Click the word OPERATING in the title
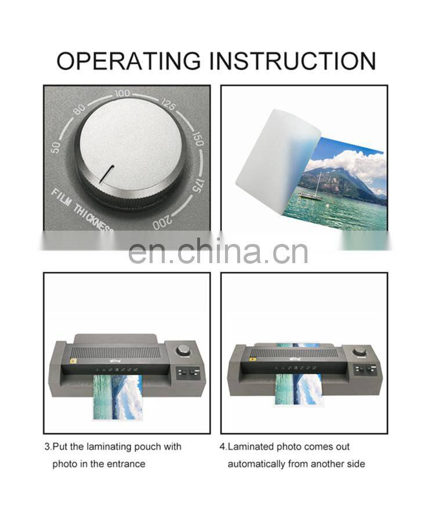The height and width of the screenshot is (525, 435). pos(128,61)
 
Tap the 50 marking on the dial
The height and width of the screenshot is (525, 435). pos(56,147)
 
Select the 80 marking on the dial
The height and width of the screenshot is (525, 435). pos(79,108)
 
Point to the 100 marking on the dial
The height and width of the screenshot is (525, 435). pos(122,93)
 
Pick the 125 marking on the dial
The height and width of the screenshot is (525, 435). pos(169,105)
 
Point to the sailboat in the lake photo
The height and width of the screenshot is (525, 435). pos(311,191)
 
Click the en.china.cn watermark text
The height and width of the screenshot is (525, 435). pos(217,250)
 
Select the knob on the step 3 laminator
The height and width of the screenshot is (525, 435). pos(184,349)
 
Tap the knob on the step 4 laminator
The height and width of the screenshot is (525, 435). pos(360,352)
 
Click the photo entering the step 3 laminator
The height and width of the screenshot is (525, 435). pos(117,397)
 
